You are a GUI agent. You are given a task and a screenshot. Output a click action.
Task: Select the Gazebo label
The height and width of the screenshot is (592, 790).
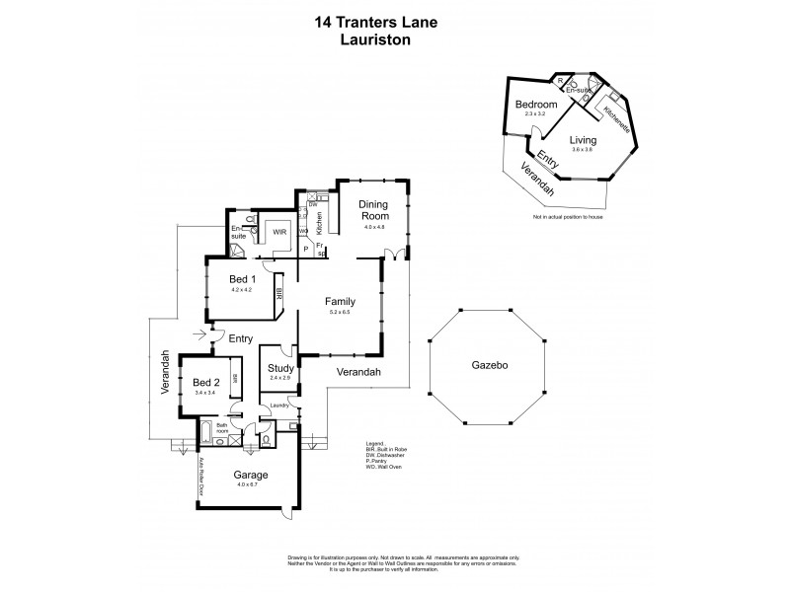[x=488, y=364]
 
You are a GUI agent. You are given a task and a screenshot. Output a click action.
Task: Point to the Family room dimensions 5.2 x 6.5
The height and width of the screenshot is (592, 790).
[x=340, y=311]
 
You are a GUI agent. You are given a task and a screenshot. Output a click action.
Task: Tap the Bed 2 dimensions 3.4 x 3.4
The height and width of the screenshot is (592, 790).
[x=205, y=393]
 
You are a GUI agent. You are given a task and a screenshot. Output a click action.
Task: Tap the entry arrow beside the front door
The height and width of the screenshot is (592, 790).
[x=204, y=334]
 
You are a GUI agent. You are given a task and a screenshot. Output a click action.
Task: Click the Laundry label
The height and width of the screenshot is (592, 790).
[x=279, y=405]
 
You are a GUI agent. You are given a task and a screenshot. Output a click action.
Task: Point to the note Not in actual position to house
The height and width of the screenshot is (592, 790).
[x=568, y=216]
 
